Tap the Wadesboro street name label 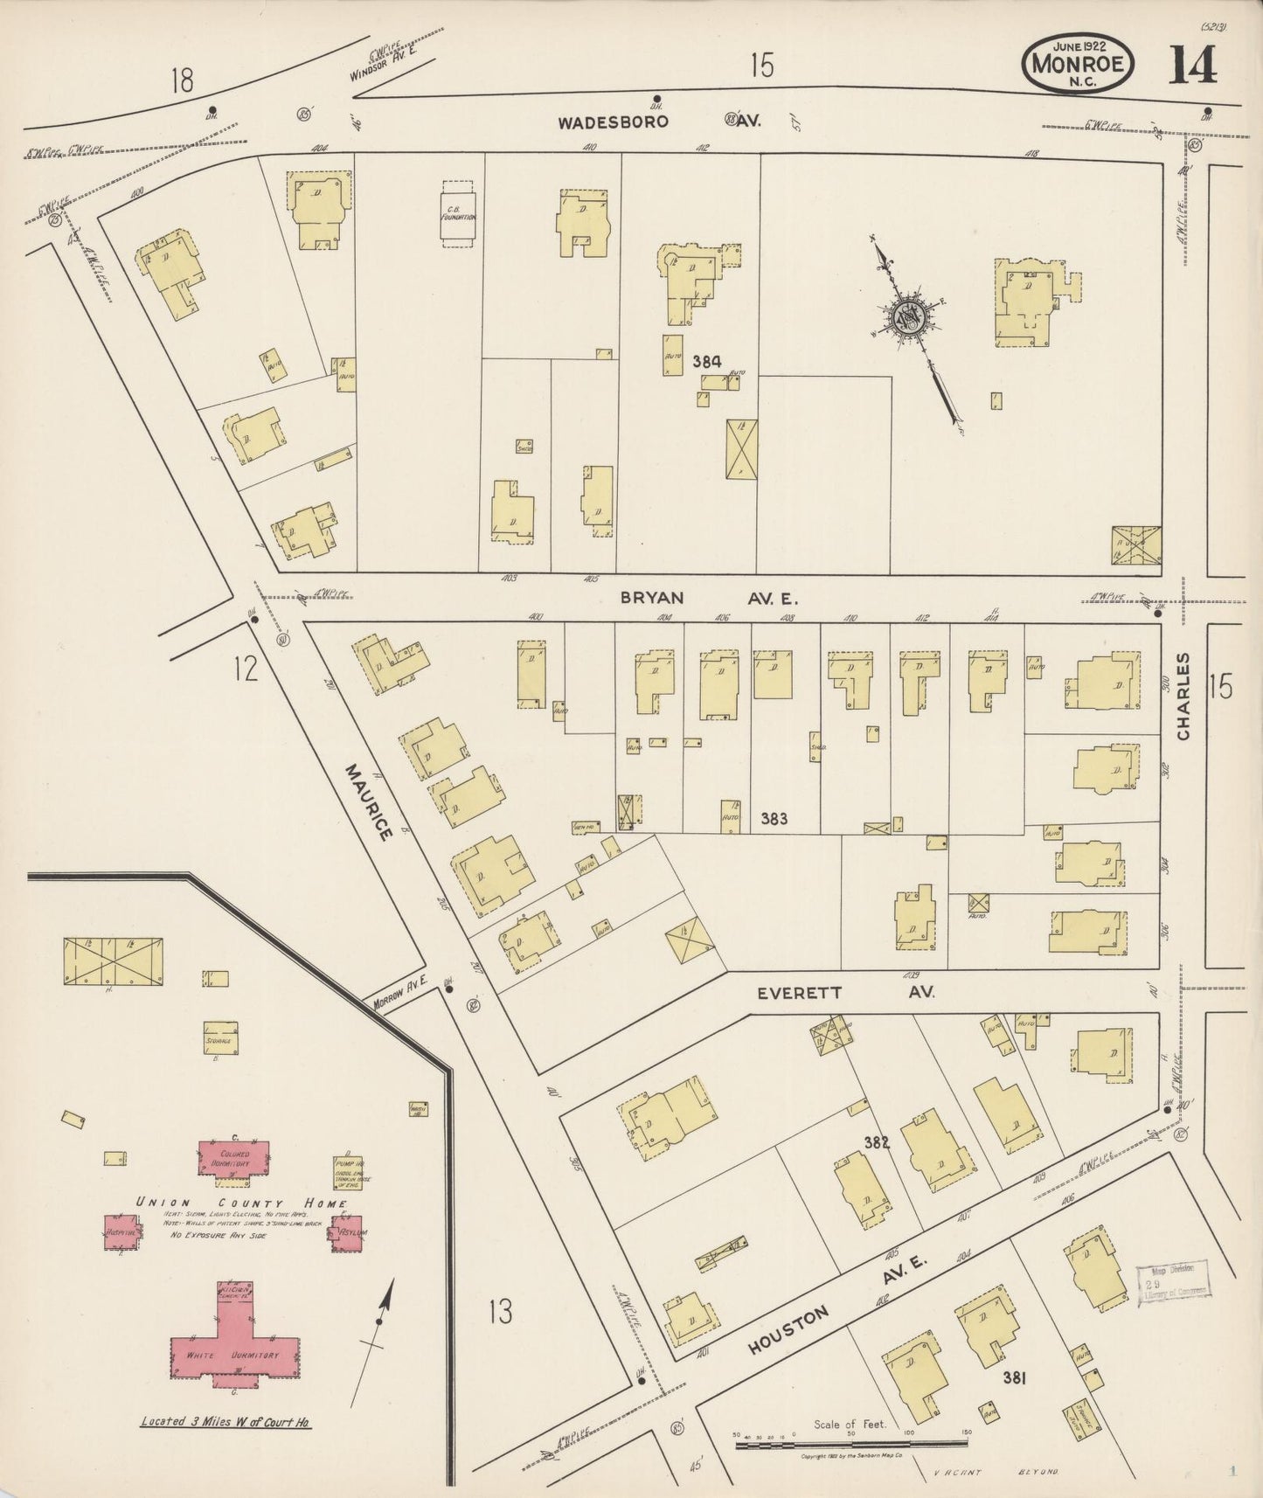coord(614,122)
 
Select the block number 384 coord(707,360)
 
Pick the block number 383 coord(774,819)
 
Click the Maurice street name coord(368,802)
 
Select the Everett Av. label coord(844,993)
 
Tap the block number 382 coord(876,1141)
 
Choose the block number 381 coord(1014,1378)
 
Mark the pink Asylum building coord(347,1232)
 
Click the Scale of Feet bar coord(852,1446)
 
